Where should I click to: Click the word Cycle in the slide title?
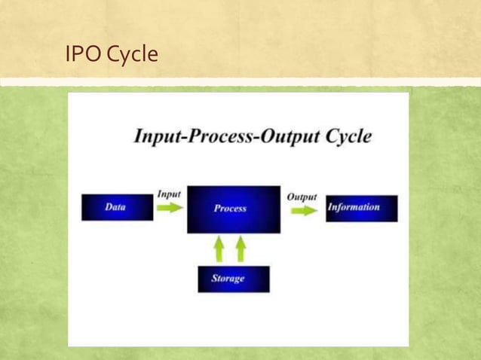(x=132, y=54)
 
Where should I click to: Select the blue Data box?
(x=117, y=207)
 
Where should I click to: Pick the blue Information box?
(x=361, y=208)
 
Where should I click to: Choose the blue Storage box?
(x=233, y=279)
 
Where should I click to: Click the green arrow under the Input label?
(x=170, y=208)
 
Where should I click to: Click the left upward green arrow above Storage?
(x=219, y=248)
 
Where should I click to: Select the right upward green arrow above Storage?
(x=240, y=248)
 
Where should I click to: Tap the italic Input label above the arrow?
(x=169, y=194)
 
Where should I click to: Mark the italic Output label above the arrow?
(x=302, y=197)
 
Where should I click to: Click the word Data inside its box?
(x=115, y=206)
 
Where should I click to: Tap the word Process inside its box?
(x=230, y=209)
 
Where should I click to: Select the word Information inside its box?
(x=354, y=207)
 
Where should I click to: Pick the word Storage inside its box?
(x=228, y=279)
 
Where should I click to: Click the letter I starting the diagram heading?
(x=138, y=137)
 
